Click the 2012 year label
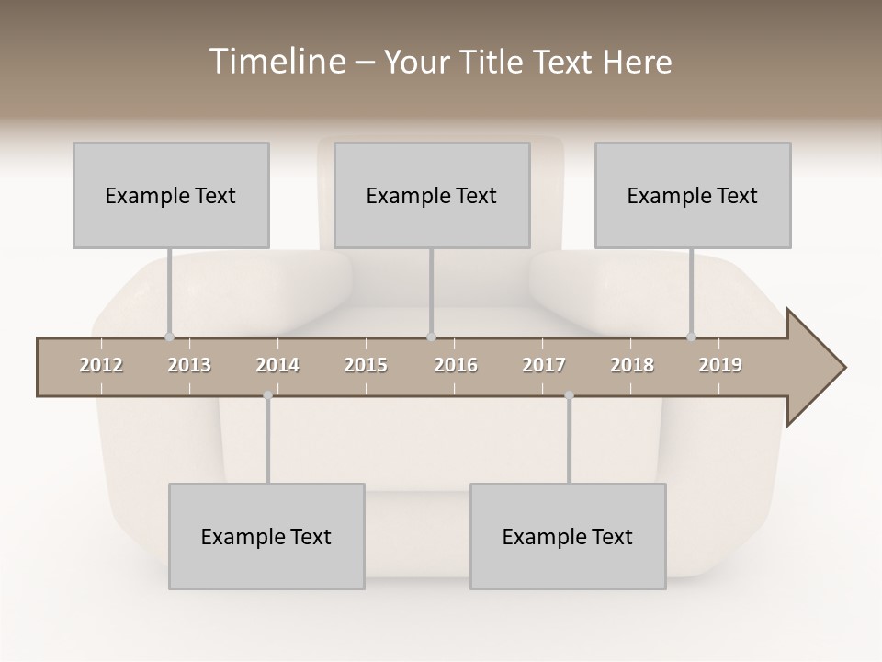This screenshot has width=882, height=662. [101, 365]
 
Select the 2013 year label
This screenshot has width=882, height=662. [189, 365]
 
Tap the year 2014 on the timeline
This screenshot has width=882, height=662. [277, 365]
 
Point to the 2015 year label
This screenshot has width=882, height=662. [366, 365]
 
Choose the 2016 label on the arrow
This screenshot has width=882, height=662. [456, 365]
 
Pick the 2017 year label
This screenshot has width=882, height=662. [544, 365]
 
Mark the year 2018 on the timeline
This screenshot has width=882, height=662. [632, 365]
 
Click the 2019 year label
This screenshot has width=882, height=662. [720, 365]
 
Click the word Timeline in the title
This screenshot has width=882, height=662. [276, 62]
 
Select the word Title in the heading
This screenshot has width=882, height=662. [493, 62]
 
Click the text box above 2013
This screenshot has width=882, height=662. [171, 195]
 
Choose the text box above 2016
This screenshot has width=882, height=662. [432, 195]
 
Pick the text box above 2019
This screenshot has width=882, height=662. [693, 195]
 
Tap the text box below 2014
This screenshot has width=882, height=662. [266, 536]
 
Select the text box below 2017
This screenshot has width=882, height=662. [568, 536]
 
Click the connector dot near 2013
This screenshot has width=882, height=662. [169, 337]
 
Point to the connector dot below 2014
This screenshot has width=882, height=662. [267, 395]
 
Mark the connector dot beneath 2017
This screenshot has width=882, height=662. [569, 395]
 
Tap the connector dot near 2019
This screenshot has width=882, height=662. [691, 337]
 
